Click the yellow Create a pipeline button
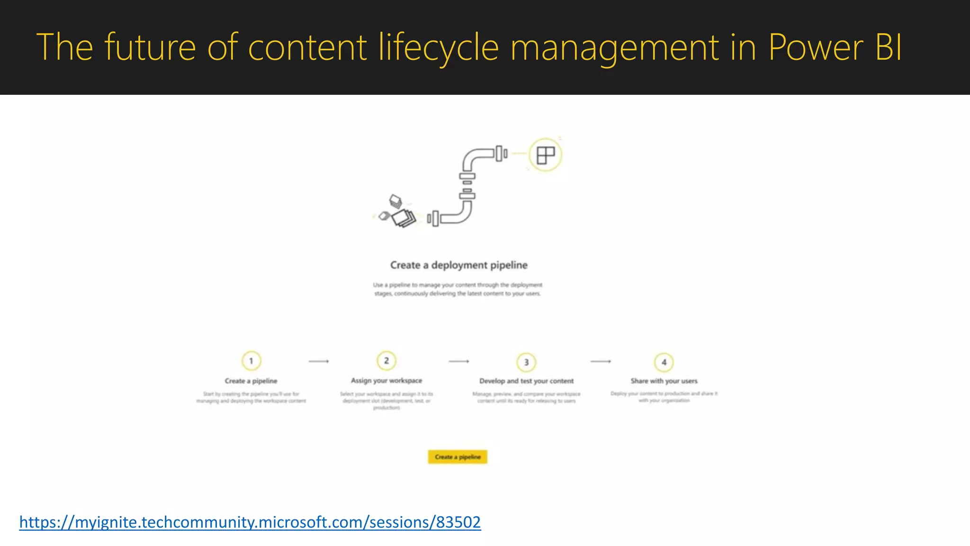[x=458, y=457]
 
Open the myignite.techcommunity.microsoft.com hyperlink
[x=250, y=522]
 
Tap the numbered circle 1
[x=251, y=361]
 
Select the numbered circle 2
[x=386, y=361]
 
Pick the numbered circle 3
[x=526, y=362]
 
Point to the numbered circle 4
[x=664, y=362]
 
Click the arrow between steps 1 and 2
[x=319, y=361]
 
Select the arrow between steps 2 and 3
[x=459, y=361]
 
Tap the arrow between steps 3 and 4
[x=601, y=361]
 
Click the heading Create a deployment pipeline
[x=458, y=265]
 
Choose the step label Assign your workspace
[x=386, y=381]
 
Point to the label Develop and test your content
[x=526, y=381]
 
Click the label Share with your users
[x=664, y=381]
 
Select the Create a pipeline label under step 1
[x=251, y=381]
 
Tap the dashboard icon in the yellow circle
[x=545, y=155]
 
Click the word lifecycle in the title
[x=439, y=47]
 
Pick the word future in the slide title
[x=150, y=47]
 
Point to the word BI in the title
[x=889, y=47]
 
